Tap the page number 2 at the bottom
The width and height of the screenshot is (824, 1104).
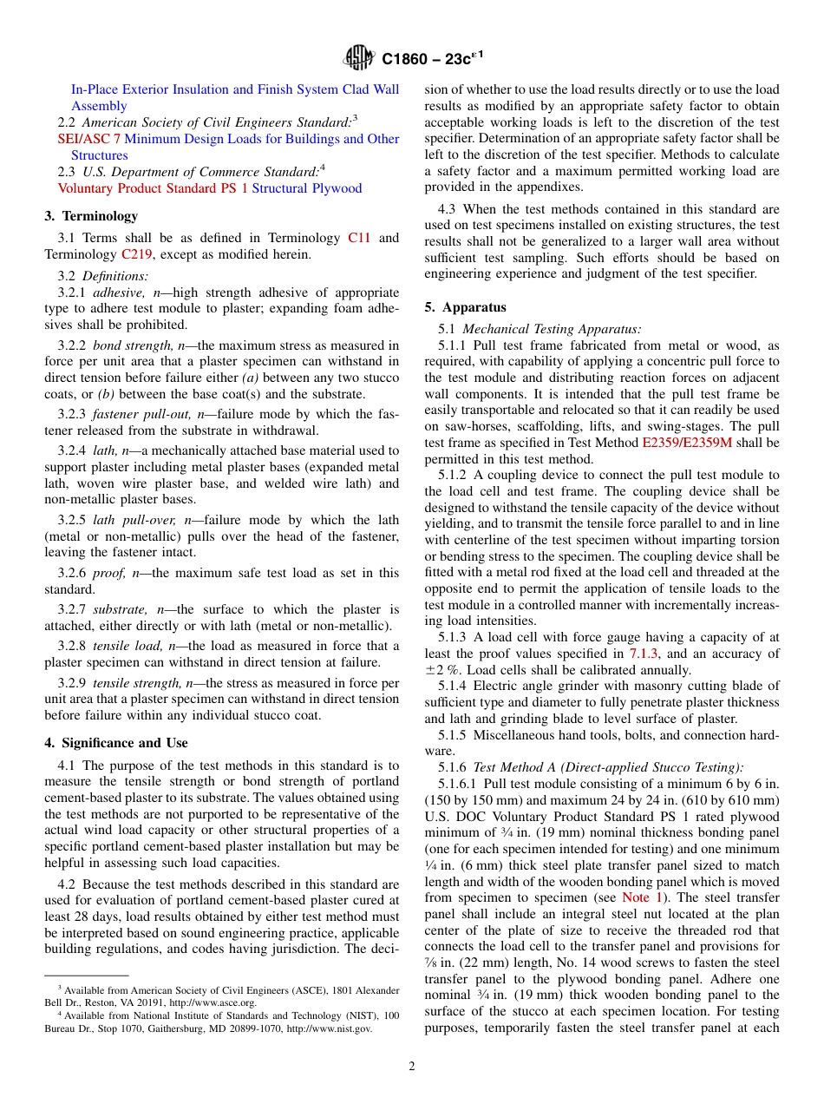[412, 1067]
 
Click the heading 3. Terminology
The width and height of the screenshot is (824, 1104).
[91, 216]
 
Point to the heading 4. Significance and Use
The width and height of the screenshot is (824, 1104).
[116, 743]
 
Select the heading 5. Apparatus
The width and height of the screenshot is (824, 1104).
[465, 307]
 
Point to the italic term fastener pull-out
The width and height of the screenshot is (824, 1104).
[133, 414]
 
